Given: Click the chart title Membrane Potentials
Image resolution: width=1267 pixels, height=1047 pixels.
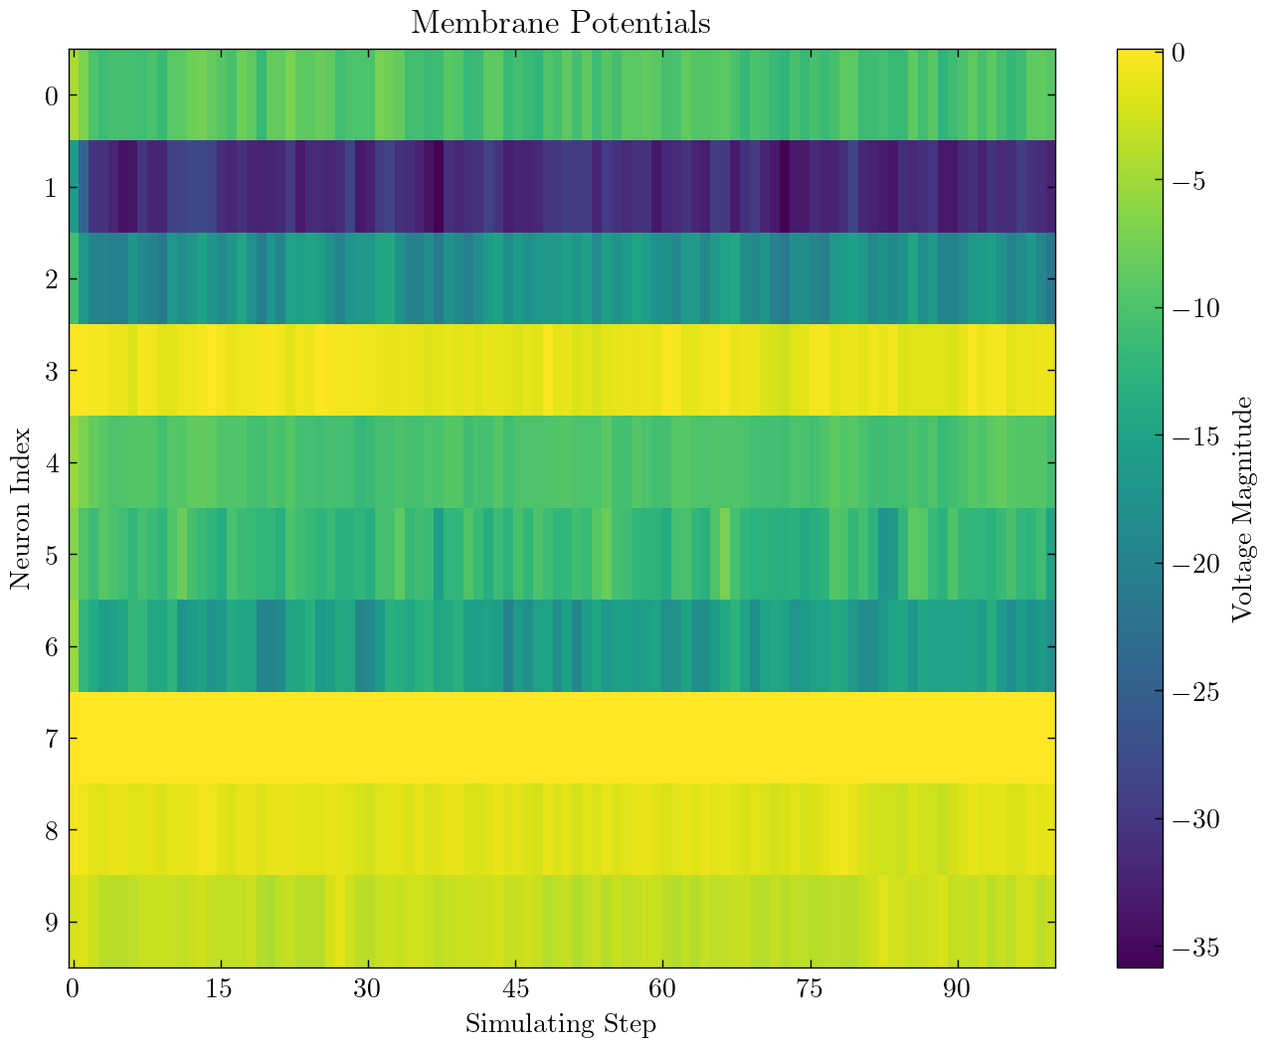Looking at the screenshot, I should click(x=561, y=22).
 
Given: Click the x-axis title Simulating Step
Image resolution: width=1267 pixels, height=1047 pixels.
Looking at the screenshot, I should click(x=561, y=1023).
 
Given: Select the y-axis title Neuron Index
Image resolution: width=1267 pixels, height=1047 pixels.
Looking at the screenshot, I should click(x=21, y=508).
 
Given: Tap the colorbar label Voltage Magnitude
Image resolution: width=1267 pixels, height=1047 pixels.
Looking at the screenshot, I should click(x=1241, y=508).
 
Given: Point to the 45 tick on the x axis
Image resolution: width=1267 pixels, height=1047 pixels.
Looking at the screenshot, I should click(x=515, y=990).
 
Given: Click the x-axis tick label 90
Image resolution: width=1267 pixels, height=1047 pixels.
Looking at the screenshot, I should click(x=958, y=990).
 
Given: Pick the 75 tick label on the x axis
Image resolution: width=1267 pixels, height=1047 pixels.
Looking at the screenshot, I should click(x=811, y=990).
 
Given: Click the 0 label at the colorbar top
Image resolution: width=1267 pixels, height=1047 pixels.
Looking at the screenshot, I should click(x=1177, y=54).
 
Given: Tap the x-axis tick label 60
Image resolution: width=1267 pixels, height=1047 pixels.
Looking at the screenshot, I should click(x=662, y=990).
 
